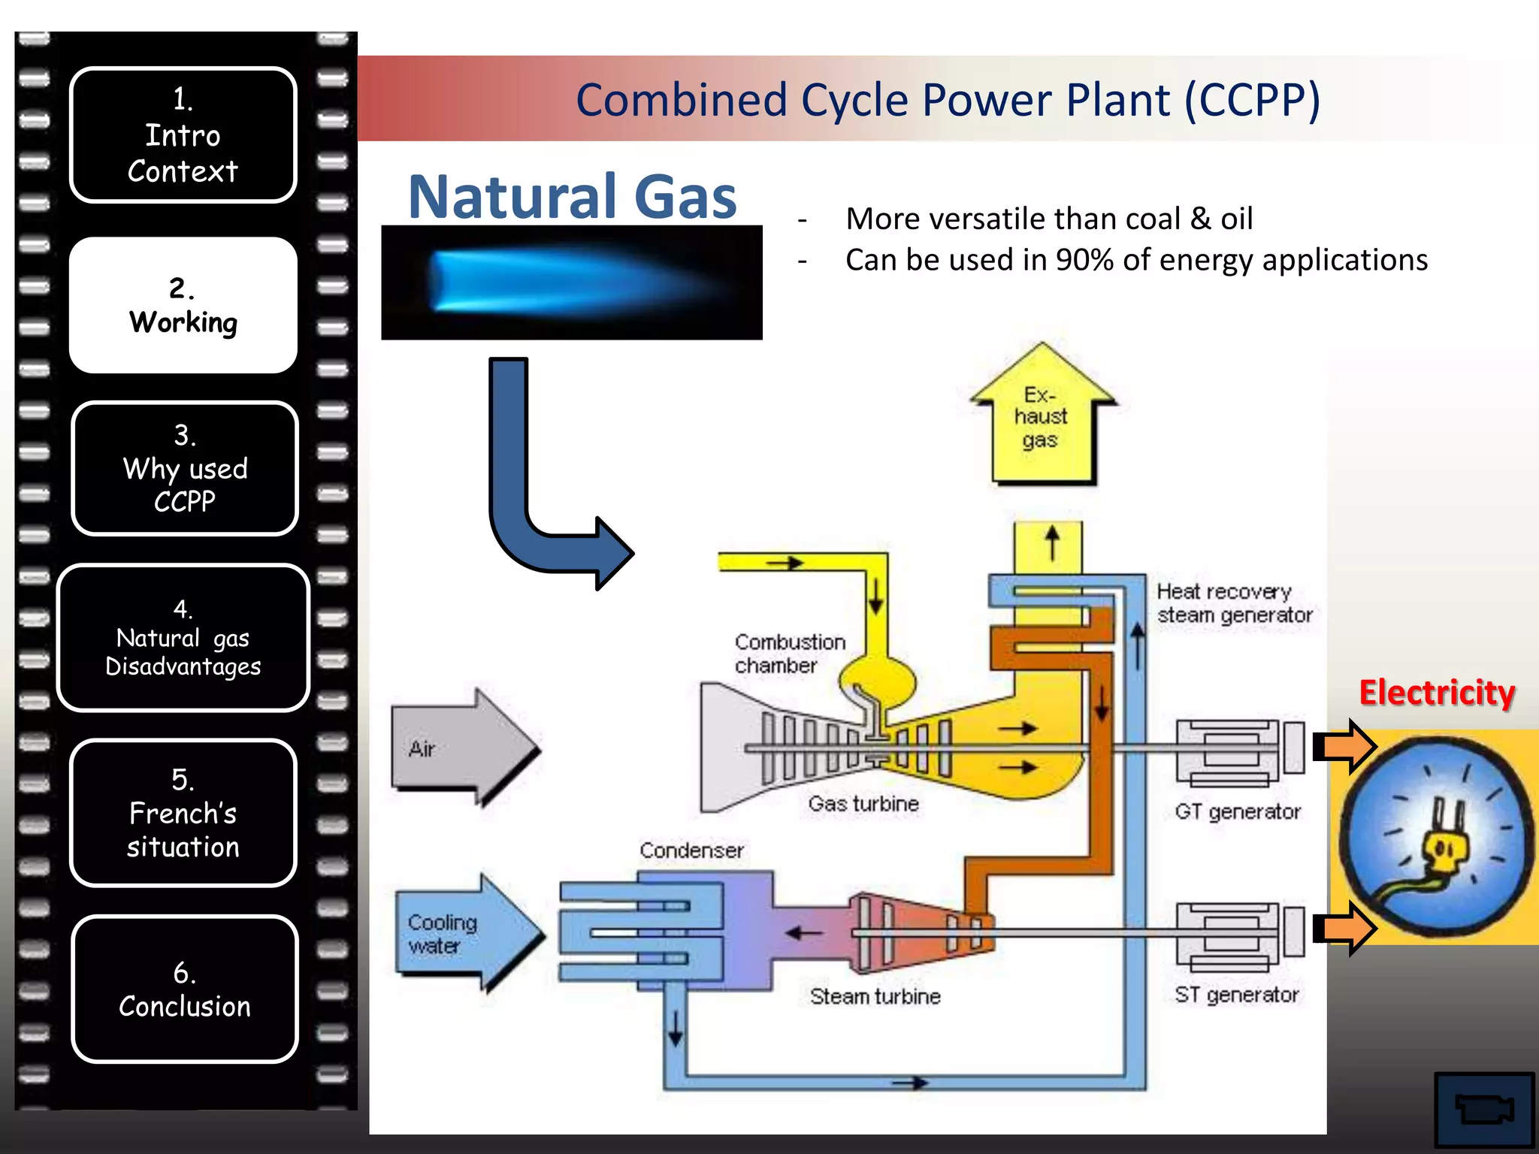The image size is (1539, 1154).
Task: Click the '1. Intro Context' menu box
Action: pos(183,135)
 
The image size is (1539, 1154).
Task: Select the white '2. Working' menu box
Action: pos(183,305)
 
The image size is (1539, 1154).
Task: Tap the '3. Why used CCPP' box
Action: pos(185,468)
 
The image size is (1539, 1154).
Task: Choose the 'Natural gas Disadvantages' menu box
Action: pos(183,638)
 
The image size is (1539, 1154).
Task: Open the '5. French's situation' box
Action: pos(183,813)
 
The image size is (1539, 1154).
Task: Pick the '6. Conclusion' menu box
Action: pos(185,989)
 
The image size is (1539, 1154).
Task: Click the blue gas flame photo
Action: pos(571,283)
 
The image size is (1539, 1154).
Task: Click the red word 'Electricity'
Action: pos(1436,693)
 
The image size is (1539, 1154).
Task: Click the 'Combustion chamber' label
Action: pos(789,654)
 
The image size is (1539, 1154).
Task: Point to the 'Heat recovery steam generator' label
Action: pos(1233,603)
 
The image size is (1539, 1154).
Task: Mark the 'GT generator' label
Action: pos(1237,812)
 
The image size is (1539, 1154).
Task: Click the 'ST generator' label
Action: pos(1236,995)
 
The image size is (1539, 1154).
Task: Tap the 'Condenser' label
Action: pos(691,850)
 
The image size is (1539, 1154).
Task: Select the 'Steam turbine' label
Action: pos(875,996)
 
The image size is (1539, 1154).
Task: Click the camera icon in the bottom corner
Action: pos(1483,1109)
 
